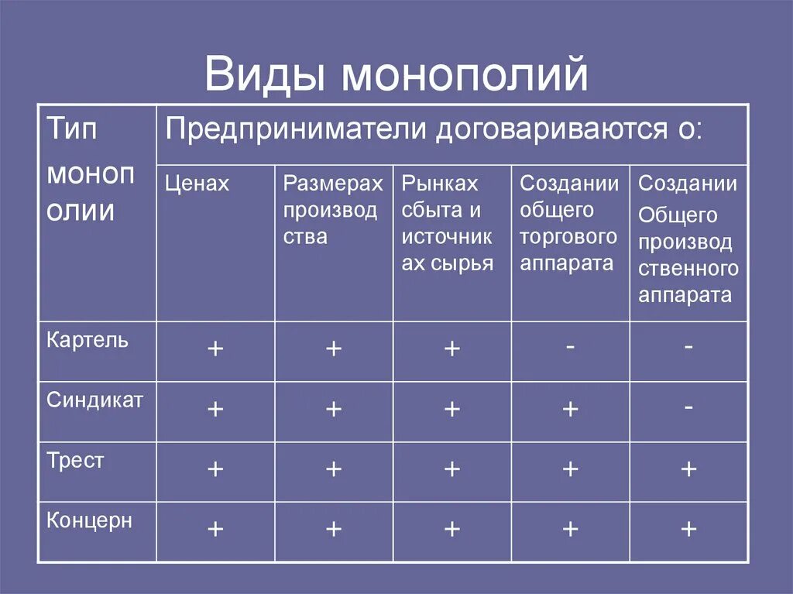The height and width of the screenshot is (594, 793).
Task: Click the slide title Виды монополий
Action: (x=396, y=77)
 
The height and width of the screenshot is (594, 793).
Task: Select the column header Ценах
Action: (x=197, y=184)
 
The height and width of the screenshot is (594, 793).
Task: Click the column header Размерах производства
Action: (x=332, y=210)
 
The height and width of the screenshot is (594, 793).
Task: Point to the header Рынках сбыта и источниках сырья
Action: (x=448, y=223)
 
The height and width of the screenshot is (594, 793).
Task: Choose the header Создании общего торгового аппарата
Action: (x=569, y=223)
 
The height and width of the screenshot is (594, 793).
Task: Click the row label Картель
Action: (x=88, y=340)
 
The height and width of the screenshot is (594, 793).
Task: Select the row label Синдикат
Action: (x=94, y=400)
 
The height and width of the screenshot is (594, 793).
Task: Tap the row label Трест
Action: (x=75, y=461)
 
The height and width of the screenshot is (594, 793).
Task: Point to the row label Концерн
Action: (x=89, y=520)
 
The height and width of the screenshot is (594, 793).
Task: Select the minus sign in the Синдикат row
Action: (x=688, y=407)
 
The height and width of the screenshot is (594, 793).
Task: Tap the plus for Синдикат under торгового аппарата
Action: (x=570, y=409)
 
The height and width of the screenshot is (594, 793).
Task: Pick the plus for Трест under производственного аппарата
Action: (x=688, y=469)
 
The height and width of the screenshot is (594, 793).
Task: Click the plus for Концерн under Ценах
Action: (x=215, y=529)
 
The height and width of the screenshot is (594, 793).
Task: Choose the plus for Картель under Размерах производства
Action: (x=334, y=349)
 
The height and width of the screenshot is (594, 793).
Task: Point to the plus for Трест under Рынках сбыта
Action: (x=452, y=469)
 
